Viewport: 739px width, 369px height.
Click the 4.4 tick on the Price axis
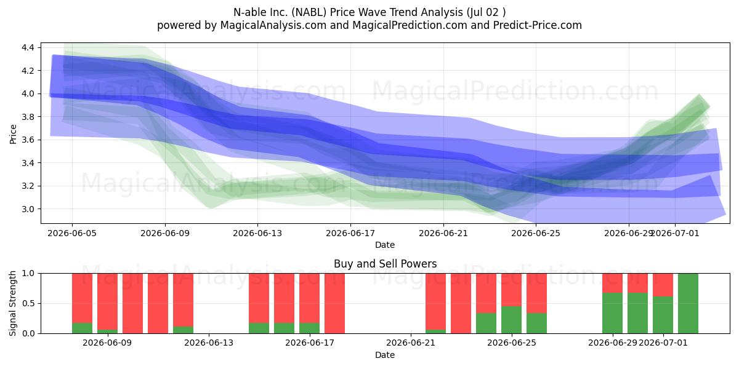28,47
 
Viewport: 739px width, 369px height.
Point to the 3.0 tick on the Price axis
28,209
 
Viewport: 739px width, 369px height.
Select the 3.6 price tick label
28,140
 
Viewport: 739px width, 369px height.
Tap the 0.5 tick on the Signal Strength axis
28,303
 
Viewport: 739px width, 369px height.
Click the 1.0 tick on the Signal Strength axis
28,273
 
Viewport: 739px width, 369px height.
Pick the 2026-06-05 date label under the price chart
72,233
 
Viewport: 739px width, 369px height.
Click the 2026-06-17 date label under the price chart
350,233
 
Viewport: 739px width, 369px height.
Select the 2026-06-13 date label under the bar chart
209,343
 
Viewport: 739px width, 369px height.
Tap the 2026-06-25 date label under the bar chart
512,343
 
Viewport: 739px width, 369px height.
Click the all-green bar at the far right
689,303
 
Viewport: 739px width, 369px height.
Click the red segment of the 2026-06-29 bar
612,283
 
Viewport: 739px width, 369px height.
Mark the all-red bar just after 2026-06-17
334,303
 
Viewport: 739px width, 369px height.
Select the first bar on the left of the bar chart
82,303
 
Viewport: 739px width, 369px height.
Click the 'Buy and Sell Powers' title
386,264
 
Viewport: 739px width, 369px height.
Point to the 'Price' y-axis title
13,134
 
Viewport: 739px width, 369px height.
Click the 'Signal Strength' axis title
12,303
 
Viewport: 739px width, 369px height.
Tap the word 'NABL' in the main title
310,12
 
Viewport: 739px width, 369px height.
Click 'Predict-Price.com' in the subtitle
538,25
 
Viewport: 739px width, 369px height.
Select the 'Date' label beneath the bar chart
385,355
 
